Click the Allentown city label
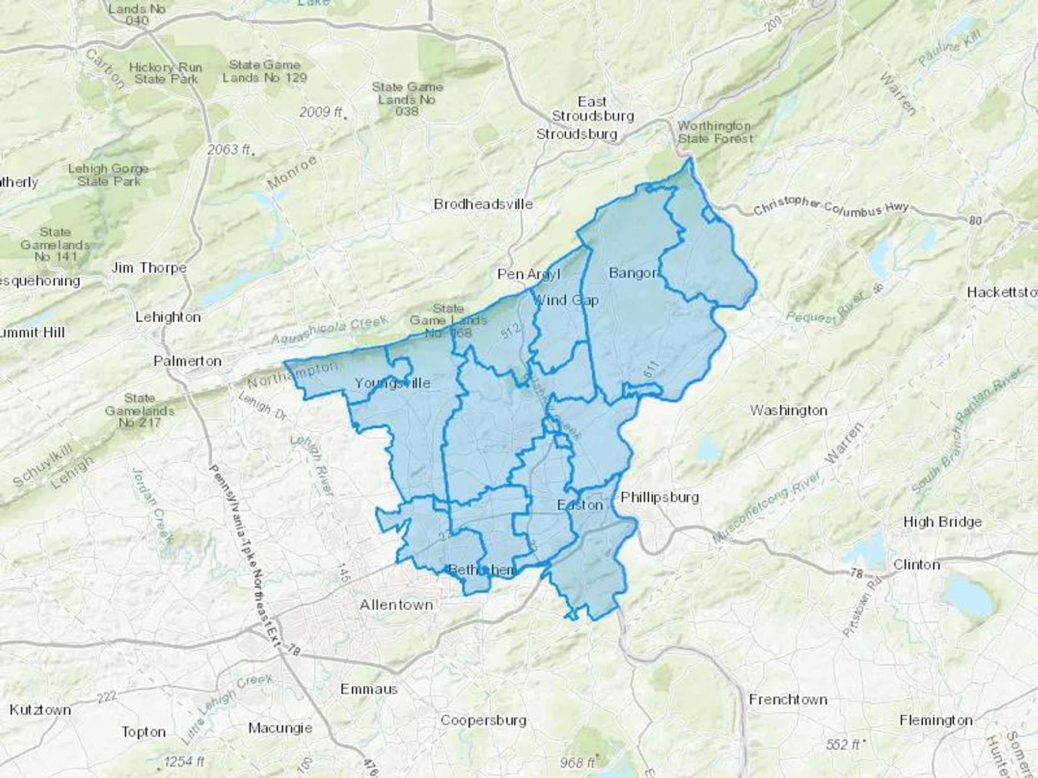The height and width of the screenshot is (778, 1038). click(x=396, y=605)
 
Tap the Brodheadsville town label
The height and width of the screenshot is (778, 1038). click(x=483, y=204)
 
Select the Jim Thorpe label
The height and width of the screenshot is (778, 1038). click(x=149, y=267)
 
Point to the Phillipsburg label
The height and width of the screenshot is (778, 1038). click(x=660, y=497)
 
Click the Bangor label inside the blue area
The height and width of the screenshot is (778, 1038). click(x=633, y=273)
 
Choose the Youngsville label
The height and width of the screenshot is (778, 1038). click(x=392, y=383)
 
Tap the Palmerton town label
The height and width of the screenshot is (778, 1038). click(x=187, y=361)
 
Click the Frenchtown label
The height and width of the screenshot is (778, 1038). click(x=788, y=699)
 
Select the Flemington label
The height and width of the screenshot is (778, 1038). click(x=935, y=720)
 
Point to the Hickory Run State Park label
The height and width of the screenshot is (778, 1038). click(x=166, y=73)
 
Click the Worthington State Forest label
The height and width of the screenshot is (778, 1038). click(x=715, y=132)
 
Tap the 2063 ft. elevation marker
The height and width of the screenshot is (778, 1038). click(x=230, y=150)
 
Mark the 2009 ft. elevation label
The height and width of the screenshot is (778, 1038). click(x=321, y=112)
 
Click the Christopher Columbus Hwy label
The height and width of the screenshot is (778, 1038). click(x=830, y=206)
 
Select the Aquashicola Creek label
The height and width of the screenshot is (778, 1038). click(x=329, y=330)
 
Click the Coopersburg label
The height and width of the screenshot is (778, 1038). click(x=483, y=720)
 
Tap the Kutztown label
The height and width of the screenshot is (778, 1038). click(x=40, y=709)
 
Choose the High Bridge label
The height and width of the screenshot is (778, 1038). click(x=942, y=522)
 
